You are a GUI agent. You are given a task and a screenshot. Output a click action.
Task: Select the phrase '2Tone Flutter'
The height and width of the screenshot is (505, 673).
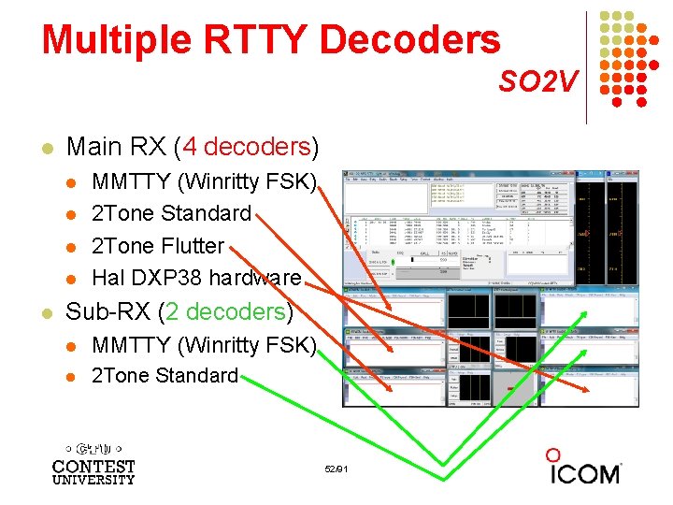point(158,246)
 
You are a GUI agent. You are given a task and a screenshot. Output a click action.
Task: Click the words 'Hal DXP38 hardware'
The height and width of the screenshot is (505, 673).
point(196,278)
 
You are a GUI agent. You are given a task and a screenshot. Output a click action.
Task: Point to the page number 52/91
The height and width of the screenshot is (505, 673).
point(336,468)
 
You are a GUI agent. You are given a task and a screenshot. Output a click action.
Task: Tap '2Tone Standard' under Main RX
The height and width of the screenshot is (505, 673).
point(171,213)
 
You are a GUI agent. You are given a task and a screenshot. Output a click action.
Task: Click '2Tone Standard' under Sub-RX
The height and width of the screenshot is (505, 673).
point(165,376)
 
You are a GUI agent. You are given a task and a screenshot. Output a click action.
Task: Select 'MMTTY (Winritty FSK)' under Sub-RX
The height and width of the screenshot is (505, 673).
point(205,345)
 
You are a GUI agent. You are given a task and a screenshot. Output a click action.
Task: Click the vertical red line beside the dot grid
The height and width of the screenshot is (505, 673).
point(587,65)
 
